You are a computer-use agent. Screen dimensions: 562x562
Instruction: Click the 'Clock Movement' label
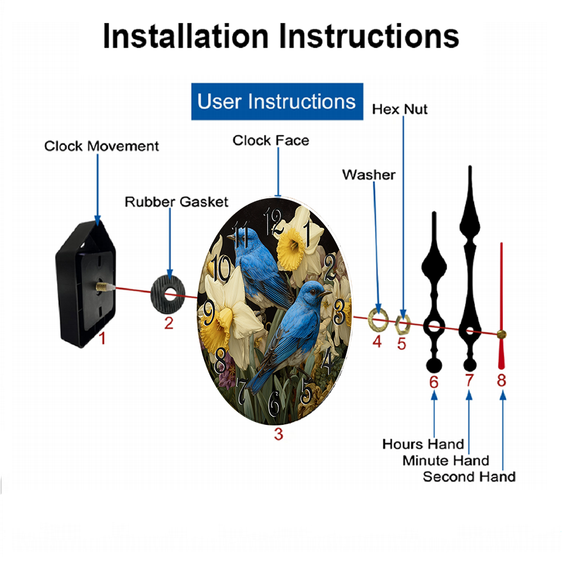[101, 146]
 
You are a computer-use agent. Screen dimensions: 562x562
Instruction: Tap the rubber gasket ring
[167, 294]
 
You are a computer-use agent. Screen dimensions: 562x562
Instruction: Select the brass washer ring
[378, 319]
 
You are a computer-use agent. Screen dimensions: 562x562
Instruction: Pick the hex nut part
[402, 324]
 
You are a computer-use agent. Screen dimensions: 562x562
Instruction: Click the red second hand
[501, 306]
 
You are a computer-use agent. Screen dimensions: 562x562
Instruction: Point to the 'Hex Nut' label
[400, 110]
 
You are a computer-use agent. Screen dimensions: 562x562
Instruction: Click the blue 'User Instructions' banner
[277, 101]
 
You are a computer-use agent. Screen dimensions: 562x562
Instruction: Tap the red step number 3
[279, 434]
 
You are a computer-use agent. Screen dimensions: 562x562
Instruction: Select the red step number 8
[501, 380]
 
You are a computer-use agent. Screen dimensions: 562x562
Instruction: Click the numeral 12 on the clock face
[273, 221]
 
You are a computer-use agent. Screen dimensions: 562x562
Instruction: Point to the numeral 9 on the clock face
[209, 312]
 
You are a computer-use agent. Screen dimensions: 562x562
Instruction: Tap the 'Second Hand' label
[469, 477]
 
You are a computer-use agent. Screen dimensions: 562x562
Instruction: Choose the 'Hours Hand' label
[423, 444]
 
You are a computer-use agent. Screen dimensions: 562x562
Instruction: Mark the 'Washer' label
[369, 175]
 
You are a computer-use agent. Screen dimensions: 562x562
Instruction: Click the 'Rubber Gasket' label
[176, 202]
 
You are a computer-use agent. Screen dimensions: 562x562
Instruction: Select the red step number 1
[102, 338]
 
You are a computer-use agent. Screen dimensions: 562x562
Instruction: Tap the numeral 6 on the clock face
[274, 404]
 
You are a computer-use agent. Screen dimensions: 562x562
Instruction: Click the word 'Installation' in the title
[185, 36]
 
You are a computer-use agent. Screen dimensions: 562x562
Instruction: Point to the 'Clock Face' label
[271, 140]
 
